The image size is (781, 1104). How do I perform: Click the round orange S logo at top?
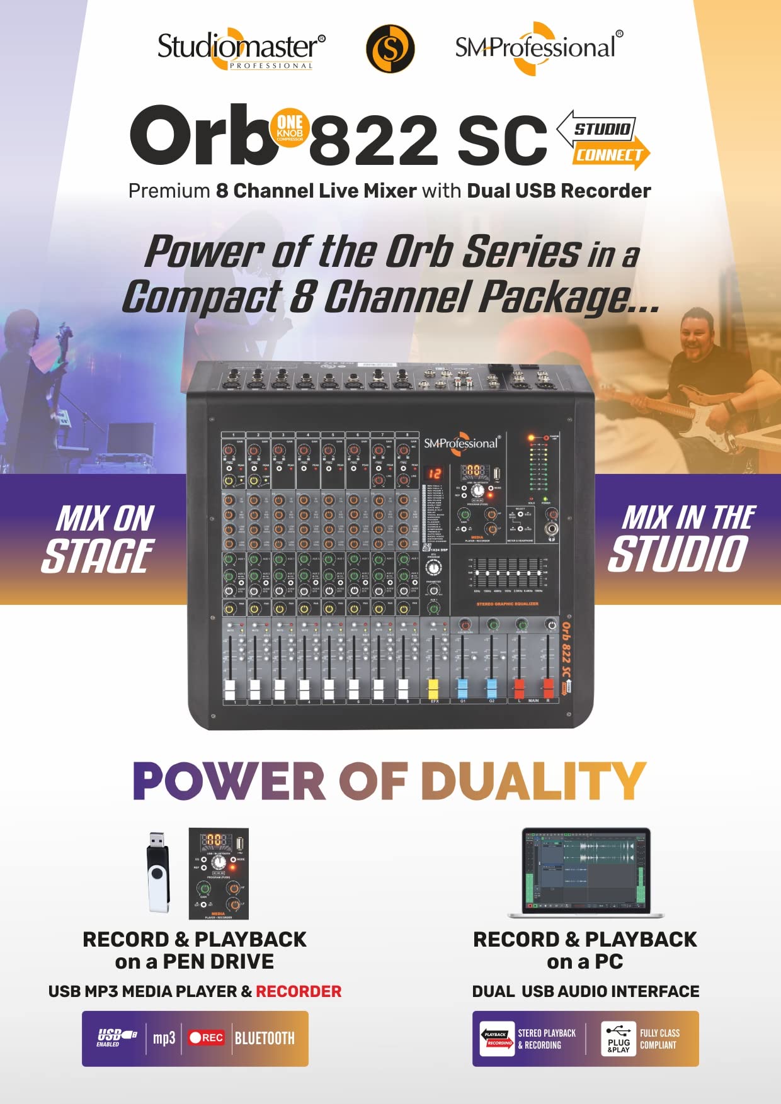point(390,48)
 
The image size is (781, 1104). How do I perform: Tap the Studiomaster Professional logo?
point(241,49)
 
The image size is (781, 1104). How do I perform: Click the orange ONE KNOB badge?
point(290,127)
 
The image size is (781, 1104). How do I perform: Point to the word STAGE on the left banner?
point(98,556)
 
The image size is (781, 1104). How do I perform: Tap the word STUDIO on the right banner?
point(678,555)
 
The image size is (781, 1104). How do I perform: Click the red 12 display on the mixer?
point(435,473)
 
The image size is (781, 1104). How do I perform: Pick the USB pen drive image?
point(158,872)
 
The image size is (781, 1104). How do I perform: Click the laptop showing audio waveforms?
point(586,872)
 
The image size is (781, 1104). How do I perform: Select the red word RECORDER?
point(299,991)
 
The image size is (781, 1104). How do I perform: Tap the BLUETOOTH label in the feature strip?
point(265,1038)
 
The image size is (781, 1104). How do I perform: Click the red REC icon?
point(206,1037)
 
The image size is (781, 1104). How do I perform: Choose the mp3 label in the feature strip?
point(164,1038)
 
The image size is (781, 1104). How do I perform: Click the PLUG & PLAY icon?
point(619,1039)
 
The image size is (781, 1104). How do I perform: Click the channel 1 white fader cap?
point(230,689)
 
